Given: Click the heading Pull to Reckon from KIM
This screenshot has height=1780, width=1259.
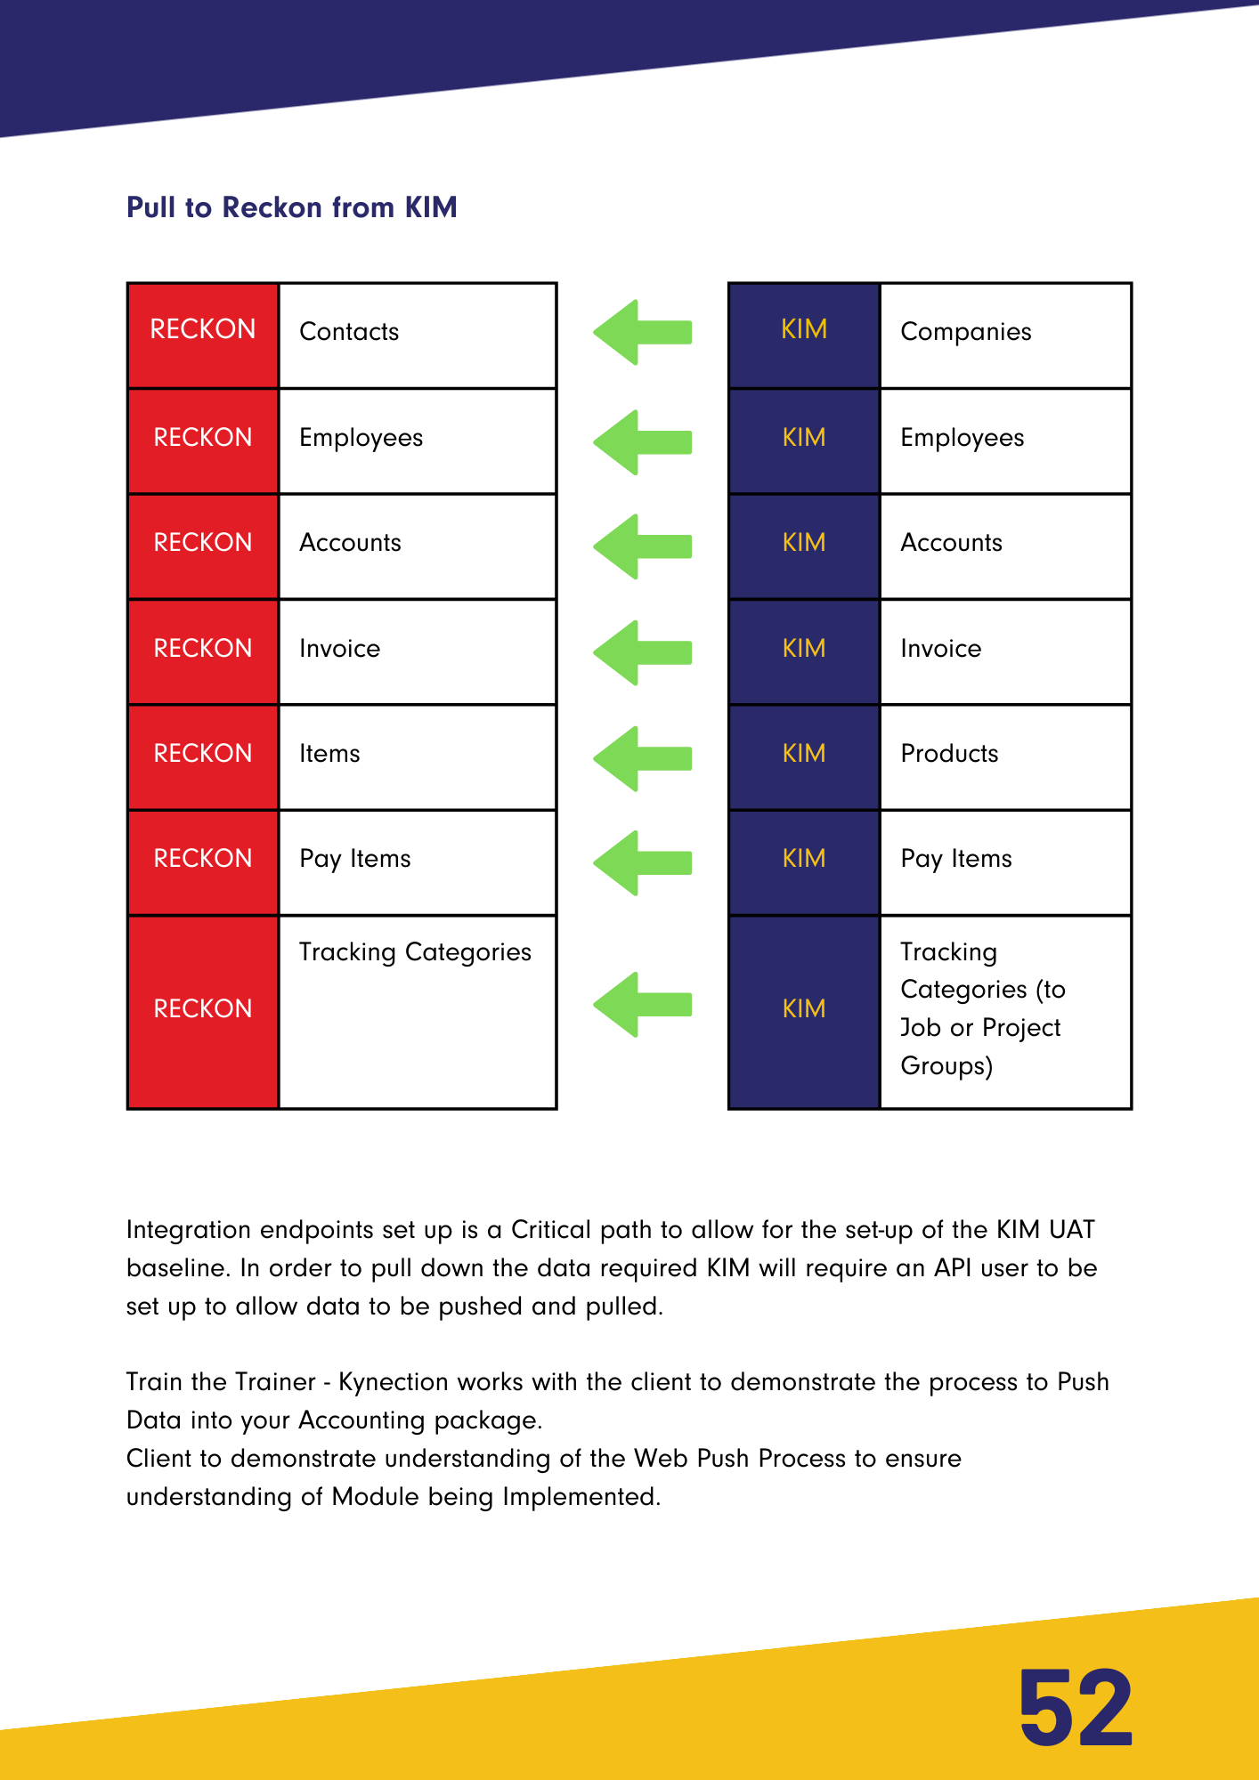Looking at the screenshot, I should click(x=291, y=207).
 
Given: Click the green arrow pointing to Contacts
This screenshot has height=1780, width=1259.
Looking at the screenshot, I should click(x=643, y=333).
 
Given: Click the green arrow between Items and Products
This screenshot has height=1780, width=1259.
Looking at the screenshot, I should click(x=643, y=758).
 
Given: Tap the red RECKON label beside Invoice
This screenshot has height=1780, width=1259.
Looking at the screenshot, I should click(x=203, y=649).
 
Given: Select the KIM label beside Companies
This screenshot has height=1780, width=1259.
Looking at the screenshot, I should click(x=804, y=330).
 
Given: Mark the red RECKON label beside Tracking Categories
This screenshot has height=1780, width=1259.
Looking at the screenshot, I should click(x=203, y=1009).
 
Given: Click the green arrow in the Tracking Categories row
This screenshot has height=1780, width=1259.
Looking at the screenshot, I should click(x=643, y=1005).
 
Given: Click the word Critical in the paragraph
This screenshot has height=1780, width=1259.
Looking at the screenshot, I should click(x=551, y=1230).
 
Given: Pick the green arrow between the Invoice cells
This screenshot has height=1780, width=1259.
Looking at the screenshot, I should click(x=643, y=652).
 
